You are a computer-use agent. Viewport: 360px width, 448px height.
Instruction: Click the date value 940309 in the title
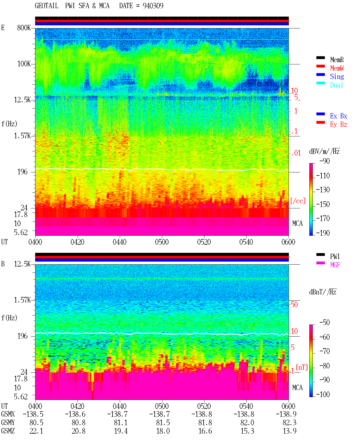click(x=153, y=6)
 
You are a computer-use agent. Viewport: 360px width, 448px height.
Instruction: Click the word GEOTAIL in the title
click(x=47, y=6)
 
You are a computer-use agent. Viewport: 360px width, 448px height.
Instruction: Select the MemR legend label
click(x=337, y=60)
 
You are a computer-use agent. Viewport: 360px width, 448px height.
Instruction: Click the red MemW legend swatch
click(x=320, y=66)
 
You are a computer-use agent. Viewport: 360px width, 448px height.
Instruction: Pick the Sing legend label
click(x=337, y=76)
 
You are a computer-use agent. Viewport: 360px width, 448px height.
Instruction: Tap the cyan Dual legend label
click(x=337, y=85)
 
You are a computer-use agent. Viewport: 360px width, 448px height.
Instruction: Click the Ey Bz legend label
click(x=339, y=124)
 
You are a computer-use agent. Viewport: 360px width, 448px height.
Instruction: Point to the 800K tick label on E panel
click(x=24, y=28)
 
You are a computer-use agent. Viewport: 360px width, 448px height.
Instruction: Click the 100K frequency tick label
click(x=24, y=64)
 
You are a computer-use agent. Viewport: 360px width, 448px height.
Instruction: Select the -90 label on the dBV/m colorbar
click(x=325, y=161)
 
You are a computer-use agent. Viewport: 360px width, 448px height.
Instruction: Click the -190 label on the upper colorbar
click(x=323, y=233)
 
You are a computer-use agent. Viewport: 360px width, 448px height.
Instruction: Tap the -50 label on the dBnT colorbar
click(x=325, y=323)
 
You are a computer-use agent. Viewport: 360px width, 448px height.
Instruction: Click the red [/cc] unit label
click(x=298, y=201)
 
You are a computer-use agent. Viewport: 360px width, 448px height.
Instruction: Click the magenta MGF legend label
click(x=335, y=265)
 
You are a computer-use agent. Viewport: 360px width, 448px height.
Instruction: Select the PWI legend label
click(x=335, y=256)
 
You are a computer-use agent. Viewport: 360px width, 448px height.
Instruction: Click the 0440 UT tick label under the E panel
click(x=120, y=242)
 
